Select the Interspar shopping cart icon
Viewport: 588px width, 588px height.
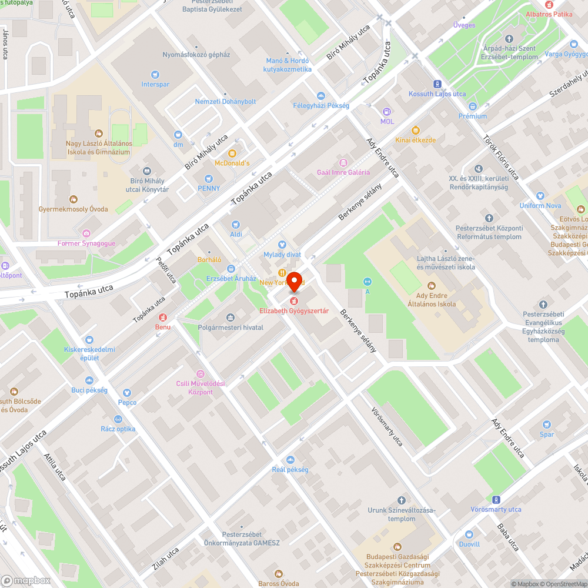(155, 75)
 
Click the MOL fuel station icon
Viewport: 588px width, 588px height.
(387, 112)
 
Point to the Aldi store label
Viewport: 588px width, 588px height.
(236, 234)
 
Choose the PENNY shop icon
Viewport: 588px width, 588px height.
(208, 179)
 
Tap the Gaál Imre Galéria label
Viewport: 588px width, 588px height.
(343, 172)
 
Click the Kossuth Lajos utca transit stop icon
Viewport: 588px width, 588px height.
(437, 85)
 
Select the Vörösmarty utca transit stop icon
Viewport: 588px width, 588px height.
(496, 499)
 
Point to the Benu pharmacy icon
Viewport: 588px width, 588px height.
(162, 317)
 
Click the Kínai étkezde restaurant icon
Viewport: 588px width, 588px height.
(415, 130)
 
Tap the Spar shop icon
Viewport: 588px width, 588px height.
(547, 425)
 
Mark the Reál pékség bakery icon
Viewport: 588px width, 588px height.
(290, 460)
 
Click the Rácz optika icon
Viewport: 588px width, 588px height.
(118, 419)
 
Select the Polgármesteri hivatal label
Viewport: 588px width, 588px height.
(230, 328)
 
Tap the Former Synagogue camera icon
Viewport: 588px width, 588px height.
(86, 233)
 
